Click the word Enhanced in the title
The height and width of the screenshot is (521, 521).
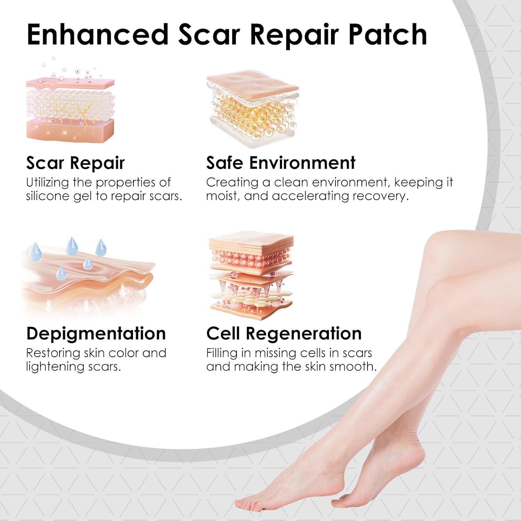coord(97,35)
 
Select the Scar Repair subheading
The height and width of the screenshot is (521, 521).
coord(75,163)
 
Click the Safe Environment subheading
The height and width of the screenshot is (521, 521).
coord(281,163)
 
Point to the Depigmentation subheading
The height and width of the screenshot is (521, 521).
coord(96,333)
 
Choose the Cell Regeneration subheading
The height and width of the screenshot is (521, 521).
coord(284,333)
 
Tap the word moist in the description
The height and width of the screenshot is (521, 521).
coord(222,196)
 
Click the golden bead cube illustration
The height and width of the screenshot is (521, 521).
coord(253,109)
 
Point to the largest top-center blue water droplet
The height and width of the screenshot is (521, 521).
coord(72,246)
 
